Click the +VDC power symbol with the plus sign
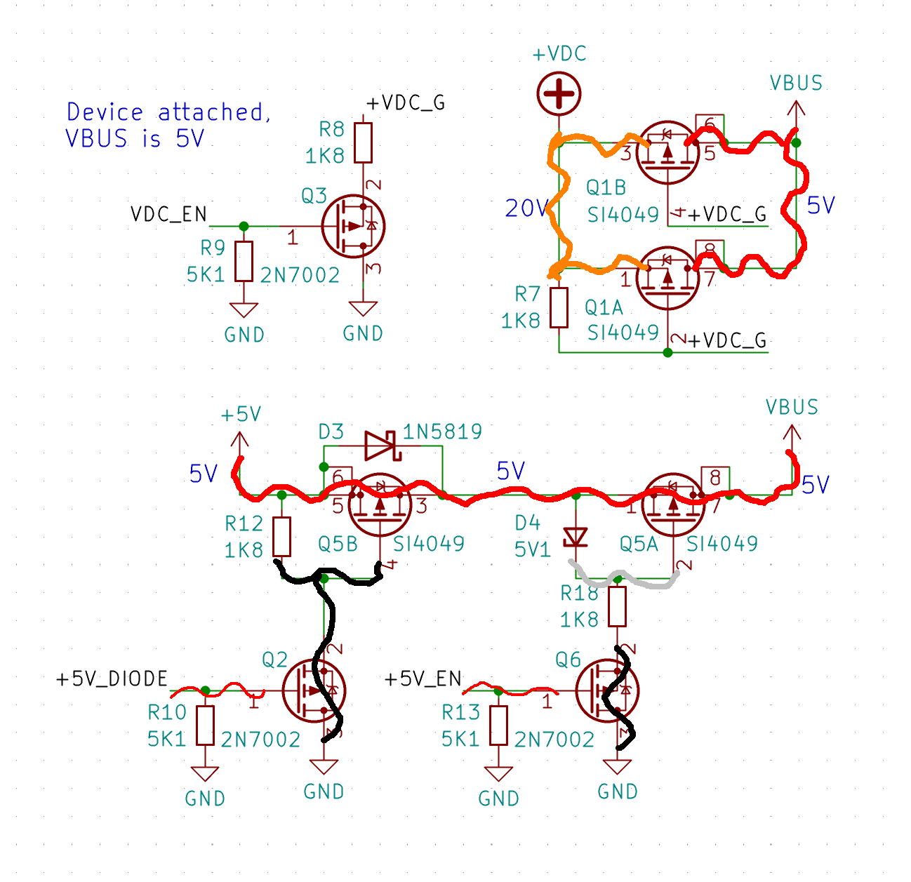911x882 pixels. point(559,93)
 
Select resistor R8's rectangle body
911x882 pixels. point(363,142)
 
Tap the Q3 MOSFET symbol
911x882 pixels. point(353,226)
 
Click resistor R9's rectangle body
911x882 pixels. point(244,261)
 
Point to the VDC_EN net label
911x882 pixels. point(168,214)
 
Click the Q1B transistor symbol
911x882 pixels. point(667,152)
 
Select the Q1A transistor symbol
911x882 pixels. point(667,278)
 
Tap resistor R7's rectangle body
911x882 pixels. point(559,307)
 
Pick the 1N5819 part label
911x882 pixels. point(442,432)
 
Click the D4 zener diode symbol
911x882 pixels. point(576,537)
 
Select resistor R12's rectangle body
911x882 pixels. point(281,537)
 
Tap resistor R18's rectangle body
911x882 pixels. point(617,606)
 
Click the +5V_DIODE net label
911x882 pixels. point(112,679)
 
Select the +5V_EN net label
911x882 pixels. point(423,679)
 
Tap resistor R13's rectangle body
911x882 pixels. point(498,725)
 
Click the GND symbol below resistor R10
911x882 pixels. point(204,773)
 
